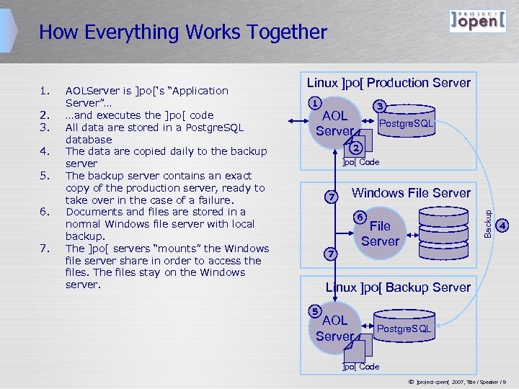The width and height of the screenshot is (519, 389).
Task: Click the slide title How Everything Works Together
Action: (183, 32)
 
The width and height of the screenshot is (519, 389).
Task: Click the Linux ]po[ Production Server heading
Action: (389, 83)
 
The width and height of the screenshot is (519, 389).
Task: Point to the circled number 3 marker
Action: (381, 107)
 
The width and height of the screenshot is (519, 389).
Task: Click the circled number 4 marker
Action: (504, 225)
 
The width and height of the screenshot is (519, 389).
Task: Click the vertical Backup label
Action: (488, 222)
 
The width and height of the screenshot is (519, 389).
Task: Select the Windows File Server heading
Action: (410, 192)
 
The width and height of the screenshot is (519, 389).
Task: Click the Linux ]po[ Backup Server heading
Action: (398, 287)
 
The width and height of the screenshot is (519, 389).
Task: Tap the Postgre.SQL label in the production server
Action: (406, 124)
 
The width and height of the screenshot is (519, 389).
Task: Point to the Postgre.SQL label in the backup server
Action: (404, 329)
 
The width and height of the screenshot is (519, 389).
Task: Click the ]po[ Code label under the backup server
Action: (360, 367)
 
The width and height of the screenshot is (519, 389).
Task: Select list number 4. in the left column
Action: (45, 151)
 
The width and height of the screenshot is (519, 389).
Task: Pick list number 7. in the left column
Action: (45, 249)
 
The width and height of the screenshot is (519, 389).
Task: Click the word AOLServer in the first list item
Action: (93, 91)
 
